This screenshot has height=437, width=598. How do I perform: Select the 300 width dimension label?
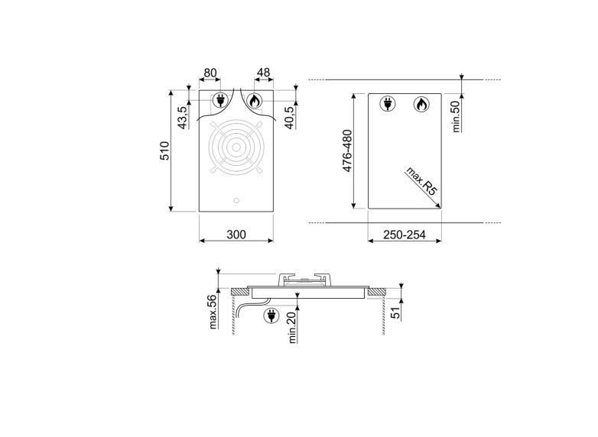point(236,235)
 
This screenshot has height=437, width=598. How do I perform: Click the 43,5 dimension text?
point(183,118)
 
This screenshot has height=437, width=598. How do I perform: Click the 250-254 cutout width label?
point(404,235)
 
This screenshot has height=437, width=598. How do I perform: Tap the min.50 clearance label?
point(456,115)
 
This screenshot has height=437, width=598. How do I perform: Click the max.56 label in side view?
point(214,312)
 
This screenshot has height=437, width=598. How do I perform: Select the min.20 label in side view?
point(293,327)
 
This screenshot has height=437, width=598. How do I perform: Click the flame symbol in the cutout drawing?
point(420,104)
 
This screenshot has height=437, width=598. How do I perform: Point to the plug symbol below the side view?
point(271,315)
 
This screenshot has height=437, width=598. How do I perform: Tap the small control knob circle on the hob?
point(236,202)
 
